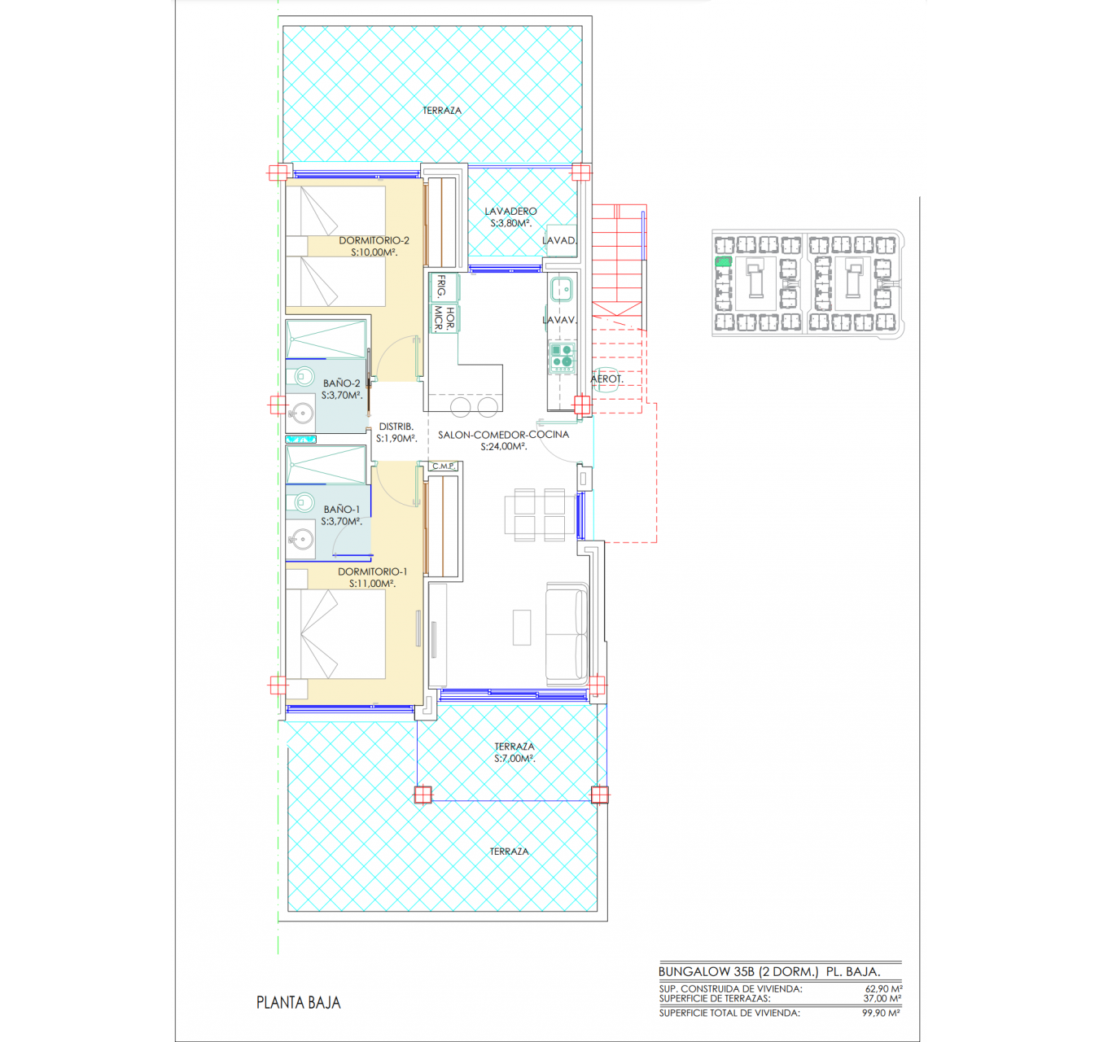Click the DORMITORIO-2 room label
pos(374,240)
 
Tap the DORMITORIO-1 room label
pos(372,571)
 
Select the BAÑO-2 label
pos(341,383)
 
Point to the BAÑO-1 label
pos(342,510)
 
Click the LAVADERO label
pos(510,212)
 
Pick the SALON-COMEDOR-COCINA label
pos(503,435)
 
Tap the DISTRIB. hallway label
pos(396,427)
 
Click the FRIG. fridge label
pos(441,286)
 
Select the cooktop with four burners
pos(562,357)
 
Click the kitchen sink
pos(562,290)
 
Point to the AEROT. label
pos(606,379)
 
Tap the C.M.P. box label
pos(444,466)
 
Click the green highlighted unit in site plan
pos(724,261)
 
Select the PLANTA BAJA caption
pos(299,1002)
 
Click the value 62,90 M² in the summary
pos(883,988)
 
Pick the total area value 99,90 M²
pos(881,1013)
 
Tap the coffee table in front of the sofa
pos(522,627)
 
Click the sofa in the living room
pos(567,634)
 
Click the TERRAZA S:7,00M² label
pos(514,752)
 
